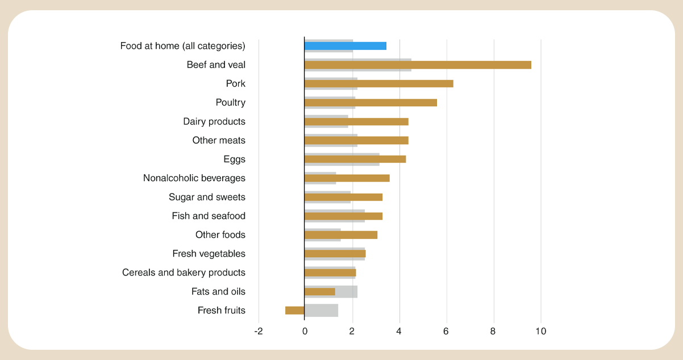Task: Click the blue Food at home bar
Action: [345, 46]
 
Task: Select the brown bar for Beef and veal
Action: [418, 65]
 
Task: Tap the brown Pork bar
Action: [378, 83]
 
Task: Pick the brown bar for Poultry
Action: [370, 102]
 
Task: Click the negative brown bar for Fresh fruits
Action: [295, 310]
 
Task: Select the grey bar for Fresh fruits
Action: [322, 310]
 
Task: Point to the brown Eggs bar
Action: [355, 159]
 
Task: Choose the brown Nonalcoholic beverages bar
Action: [347, 178]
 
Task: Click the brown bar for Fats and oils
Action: [319, 291]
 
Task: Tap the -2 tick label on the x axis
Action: [259, 331]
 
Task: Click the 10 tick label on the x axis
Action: [540, 331]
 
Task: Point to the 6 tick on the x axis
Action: [447, 331]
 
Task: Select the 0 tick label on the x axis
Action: [305, 331]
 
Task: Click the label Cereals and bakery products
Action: [184, 273]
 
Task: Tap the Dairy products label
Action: [214, 122]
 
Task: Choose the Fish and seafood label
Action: [209, 216]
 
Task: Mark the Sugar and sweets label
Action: [207, 197]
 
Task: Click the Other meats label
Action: [219, 140]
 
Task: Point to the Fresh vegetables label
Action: [209, 254]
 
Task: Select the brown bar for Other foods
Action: [341, 235]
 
